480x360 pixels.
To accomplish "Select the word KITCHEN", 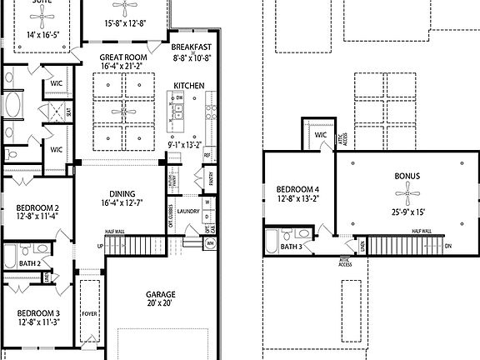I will point(189,86).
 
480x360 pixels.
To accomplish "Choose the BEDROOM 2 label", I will point(38,207).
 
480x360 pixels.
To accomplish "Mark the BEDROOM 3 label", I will point(38,314).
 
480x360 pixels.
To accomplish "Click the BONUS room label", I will point(406,177).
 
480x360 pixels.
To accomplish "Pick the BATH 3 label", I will point(292,247).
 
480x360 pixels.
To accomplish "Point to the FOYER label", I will point(89,315).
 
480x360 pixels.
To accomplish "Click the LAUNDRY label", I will point(187,212).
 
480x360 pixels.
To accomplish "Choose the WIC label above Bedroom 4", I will point(321,134).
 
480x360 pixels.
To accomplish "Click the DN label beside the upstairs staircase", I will point(448,246).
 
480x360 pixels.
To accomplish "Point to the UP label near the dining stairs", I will point(101,247).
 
